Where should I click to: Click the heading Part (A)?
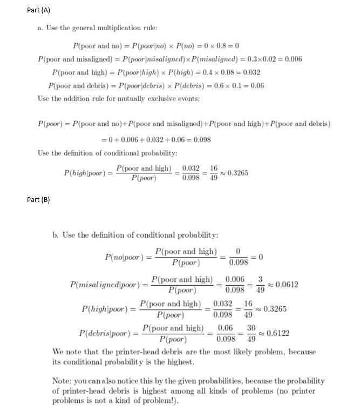point(38,11)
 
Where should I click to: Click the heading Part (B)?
point(38,200)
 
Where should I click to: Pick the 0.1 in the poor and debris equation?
point(233,85)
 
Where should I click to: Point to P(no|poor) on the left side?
point(125,258)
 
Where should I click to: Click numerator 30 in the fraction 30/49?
point(251,328)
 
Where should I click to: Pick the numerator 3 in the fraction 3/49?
point(260,279)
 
